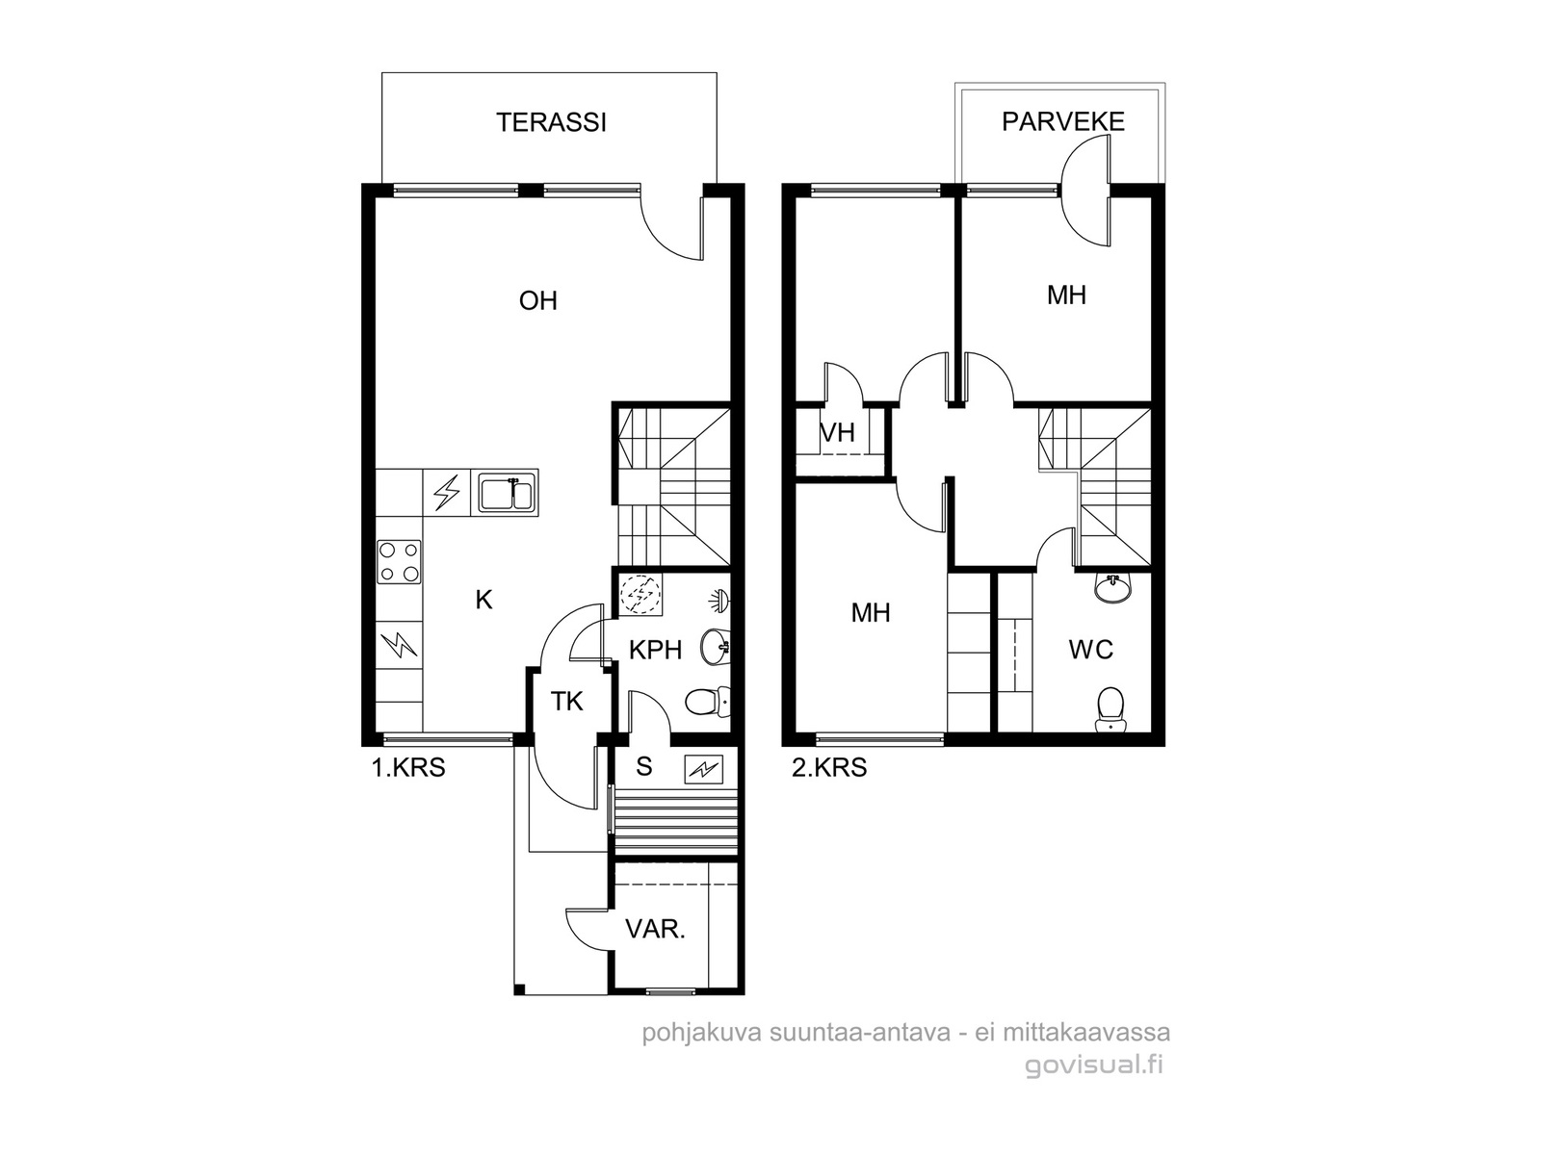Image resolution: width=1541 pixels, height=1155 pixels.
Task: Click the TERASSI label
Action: (551, 123)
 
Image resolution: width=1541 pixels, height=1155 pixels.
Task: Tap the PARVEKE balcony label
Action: (1062, 122)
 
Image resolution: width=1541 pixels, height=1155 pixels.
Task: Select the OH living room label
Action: (537, 301)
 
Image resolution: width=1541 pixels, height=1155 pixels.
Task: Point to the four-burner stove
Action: (399, 562)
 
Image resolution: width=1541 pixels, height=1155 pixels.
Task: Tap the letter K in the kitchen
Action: (483, 601)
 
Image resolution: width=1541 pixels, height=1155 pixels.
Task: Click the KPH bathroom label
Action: (655, 651)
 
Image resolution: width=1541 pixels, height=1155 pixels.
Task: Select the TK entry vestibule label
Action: (566, 702)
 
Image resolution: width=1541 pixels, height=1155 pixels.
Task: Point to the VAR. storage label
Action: (655, 930)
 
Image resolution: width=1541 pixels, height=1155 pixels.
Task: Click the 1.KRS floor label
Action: (408, 768)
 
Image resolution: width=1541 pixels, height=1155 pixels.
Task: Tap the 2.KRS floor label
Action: (829, 768)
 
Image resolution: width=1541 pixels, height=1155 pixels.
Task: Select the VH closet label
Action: (838, 433)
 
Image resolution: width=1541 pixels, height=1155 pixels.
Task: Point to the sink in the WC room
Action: (1112, 588)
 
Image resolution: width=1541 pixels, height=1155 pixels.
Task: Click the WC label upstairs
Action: (1091, 650)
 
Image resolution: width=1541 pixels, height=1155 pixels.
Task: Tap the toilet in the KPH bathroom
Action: (707, 702)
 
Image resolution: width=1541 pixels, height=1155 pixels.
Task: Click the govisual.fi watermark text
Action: (1094, 1065)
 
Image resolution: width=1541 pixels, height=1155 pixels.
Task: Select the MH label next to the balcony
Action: (1066, 295)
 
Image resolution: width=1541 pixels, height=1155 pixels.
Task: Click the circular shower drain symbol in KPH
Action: (640, 596)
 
